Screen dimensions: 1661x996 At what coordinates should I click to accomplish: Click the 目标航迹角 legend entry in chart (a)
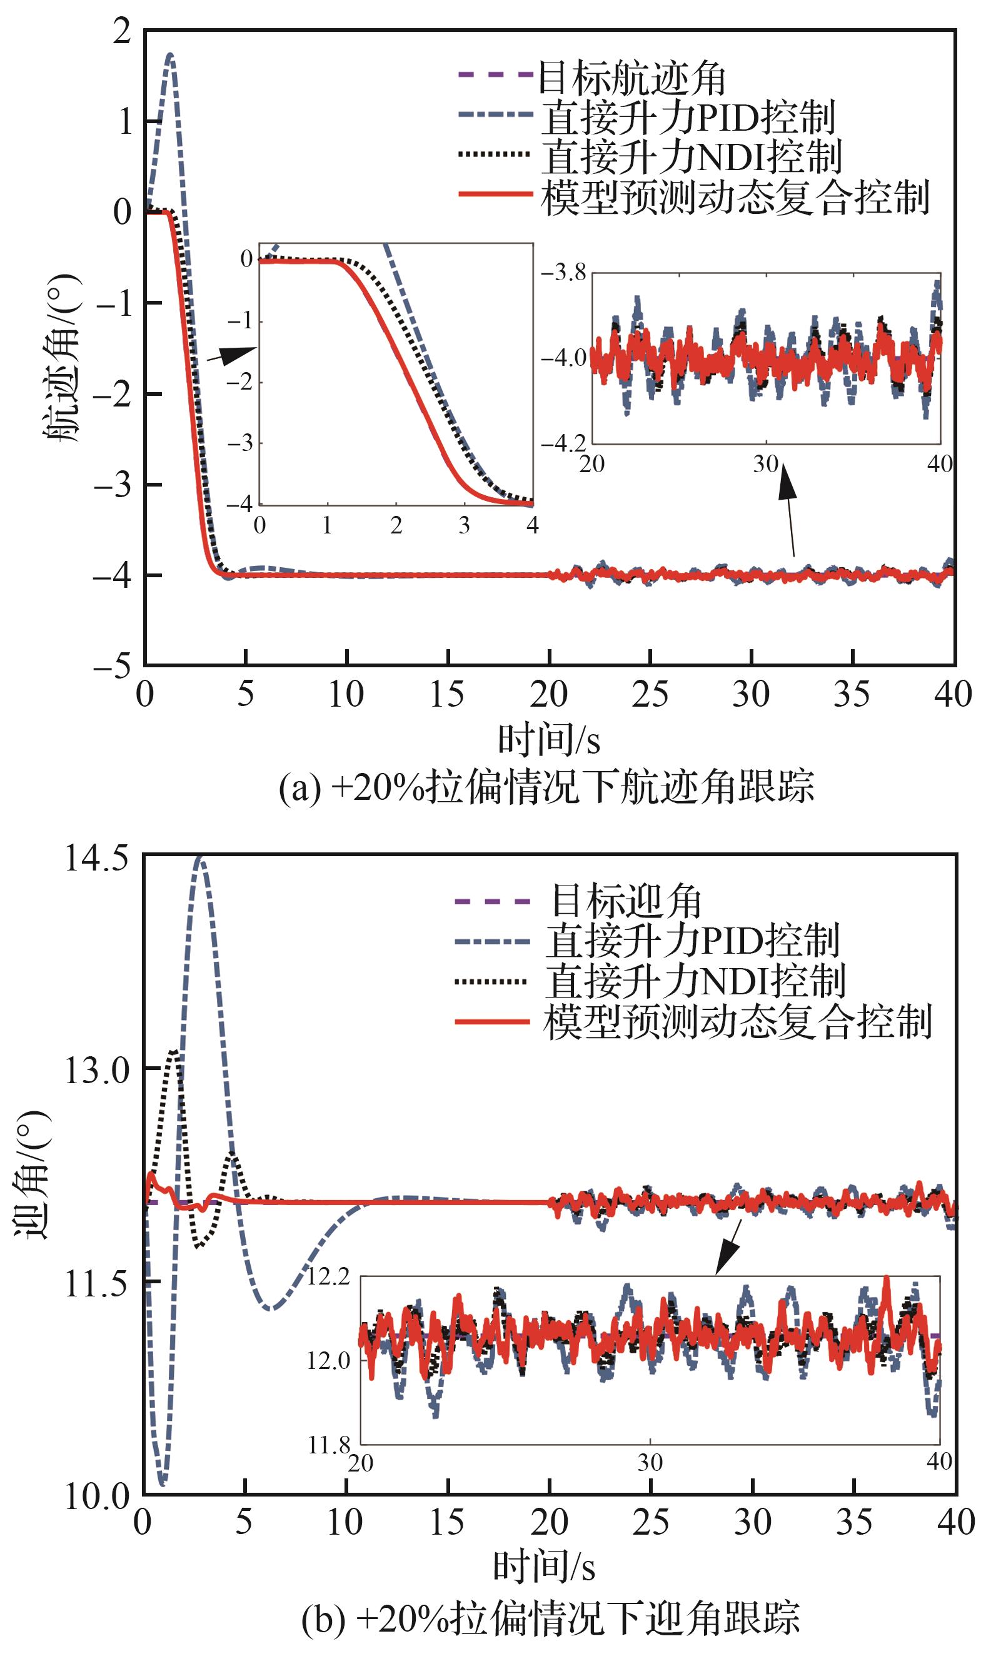tap(631, 79)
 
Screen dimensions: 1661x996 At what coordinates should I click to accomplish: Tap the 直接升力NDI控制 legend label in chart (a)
tap(692, 156)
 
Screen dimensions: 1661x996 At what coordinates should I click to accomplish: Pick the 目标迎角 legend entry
tap(625, 901)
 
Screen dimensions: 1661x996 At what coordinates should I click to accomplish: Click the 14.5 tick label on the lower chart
tap(97, 859)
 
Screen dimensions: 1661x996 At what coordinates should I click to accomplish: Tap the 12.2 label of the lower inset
tap(329, 1277)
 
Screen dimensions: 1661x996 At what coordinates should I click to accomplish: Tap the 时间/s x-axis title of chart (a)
tap(548, 740)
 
